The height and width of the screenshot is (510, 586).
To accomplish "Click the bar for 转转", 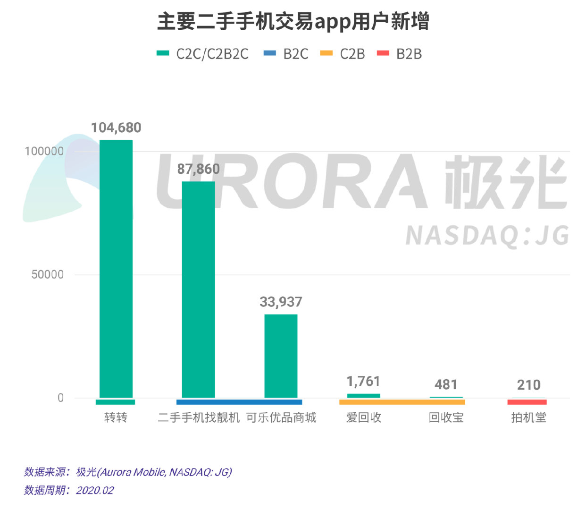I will click(x=116, y=269).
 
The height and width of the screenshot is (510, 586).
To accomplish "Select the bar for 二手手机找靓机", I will click(x=198, y=289).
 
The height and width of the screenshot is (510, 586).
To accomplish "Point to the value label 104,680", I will click(x=116, y=127).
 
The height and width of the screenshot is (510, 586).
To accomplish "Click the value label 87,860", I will click(x=198, y=169).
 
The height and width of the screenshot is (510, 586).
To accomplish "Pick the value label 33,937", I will click(x=281, y=302).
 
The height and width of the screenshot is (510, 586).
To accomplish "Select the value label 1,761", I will click(x=363, y=381).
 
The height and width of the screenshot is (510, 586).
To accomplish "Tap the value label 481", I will click(x=446, y=385).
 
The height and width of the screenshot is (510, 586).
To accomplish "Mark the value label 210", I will click(x=528, y=385).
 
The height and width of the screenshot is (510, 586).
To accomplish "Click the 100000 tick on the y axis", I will click(x=44, y=152).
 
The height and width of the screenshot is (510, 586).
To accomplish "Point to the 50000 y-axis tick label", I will click(x=47, y=275).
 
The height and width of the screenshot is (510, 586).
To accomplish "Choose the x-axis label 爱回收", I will click(x=363, y=417).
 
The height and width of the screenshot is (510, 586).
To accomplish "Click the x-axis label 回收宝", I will click(x=446, y=417).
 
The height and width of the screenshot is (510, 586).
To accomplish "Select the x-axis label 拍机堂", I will click(x=528, y=417).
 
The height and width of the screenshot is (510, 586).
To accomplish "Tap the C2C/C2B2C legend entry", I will click(x=203, y=54).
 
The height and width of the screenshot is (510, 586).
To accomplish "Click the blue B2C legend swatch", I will click(x=270, y=53).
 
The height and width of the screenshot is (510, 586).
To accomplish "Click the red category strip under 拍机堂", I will click(x=527, y=402).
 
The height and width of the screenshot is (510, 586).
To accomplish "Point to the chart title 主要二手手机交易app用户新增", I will click(x=293, y=22).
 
